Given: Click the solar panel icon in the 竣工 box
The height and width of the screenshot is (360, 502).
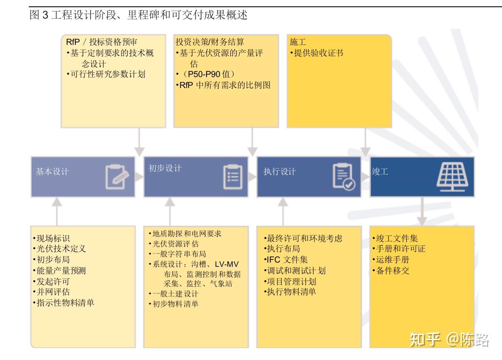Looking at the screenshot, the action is point(452,177).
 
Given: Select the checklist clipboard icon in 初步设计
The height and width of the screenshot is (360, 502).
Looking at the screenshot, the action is point(233,177).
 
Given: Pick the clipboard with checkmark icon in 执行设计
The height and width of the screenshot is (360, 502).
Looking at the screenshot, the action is point(344,177).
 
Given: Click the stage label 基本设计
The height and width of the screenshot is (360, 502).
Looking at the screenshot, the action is point(52,172).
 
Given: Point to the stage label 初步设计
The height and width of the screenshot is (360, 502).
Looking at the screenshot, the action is point(165,168).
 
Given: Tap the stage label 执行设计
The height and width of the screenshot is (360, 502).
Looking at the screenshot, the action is point(279,172).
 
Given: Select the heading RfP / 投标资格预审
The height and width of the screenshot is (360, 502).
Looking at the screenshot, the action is point(102,42).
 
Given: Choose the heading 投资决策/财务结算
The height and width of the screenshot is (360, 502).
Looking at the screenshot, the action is point(210,42).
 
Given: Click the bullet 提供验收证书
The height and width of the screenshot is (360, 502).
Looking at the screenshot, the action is point(317,53).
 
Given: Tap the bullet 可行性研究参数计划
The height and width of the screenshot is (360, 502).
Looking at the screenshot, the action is point(106,74).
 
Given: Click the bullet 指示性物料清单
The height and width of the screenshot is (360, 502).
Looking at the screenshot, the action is point(64,303).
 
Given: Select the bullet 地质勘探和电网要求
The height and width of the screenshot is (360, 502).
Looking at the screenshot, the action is point(185,234).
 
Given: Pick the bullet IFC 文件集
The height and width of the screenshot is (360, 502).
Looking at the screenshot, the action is point(286,260).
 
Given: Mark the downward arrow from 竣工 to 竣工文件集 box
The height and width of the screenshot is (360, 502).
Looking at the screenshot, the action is point(422,211).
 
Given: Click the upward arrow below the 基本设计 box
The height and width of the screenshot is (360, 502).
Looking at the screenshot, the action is point(57,211).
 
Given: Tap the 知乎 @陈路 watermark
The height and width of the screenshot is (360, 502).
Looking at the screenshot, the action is point(450,340).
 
